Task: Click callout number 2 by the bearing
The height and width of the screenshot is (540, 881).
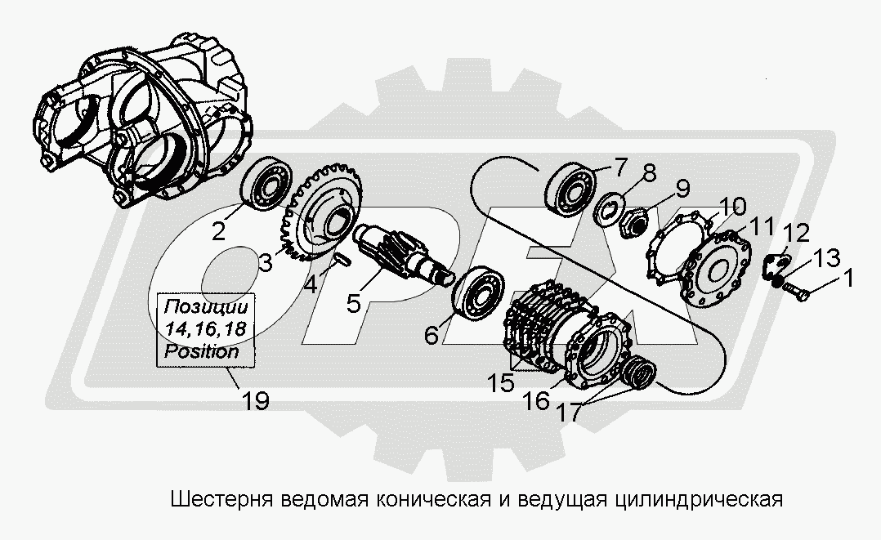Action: coord(219,231)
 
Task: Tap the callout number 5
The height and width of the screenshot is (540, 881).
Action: coord(353,303)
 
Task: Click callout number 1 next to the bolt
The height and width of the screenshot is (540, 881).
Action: coord(848,279)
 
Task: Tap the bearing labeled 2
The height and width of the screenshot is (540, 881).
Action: coord(266,184)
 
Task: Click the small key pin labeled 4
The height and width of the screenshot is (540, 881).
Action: coord(342,259)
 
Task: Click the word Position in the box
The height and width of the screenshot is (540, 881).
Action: coord(202,352)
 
